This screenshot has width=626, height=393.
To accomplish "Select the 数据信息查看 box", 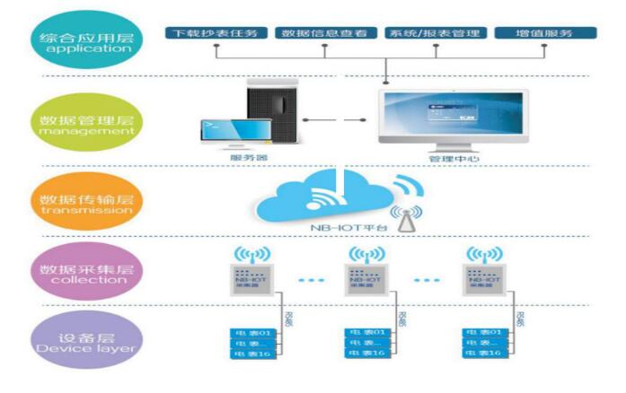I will (x=323, y=33).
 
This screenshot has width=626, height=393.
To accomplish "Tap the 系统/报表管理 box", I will (x=435, y=33).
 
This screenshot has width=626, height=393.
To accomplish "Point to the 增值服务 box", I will (x=544, y=33).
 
